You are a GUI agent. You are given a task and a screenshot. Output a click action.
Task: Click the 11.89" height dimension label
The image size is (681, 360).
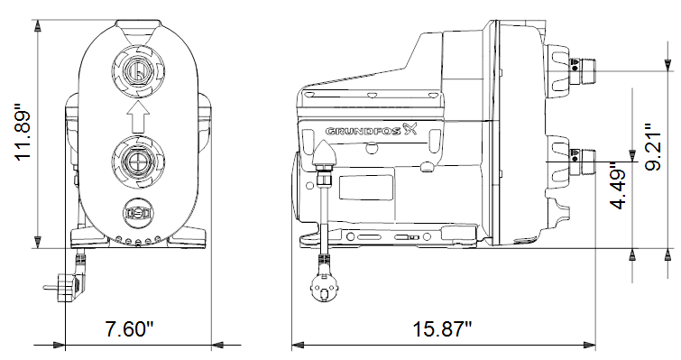pos(23,133)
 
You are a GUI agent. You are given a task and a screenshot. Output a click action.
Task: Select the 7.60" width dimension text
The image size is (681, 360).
pos(130,328)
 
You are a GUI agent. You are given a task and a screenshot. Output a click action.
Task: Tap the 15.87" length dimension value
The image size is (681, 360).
pos(442,328)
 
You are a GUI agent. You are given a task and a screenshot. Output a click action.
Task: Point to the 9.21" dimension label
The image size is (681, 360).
pos(653,147)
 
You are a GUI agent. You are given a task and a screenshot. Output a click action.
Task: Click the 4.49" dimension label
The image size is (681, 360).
pos(619,186)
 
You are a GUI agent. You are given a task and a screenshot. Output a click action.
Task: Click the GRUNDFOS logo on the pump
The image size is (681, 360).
pos(371,129)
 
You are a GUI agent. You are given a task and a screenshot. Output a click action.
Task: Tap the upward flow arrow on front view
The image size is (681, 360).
pos(138,116)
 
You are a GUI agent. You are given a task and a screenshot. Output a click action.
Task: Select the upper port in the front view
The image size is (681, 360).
pos(138,70)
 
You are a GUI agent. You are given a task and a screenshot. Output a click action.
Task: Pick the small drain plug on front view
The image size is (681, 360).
pos(138,214)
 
